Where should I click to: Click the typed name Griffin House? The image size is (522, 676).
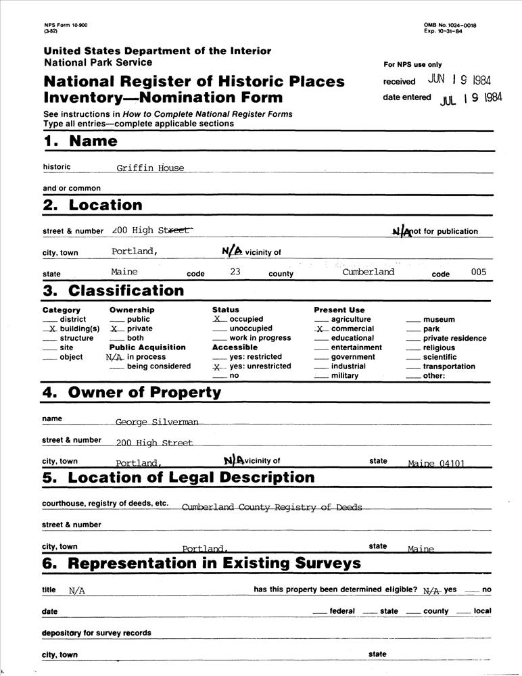149,168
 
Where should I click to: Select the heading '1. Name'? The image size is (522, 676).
80,141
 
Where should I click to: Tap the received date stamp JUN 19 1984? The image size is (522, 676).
462,79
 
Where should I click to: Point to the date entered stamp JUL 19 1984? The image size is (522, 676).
471,99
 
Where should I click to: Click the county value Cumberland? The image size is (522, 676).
368,272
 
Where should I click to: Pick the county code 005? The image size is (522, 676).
478,272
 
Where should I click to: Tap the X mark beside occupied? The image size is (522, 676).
218,319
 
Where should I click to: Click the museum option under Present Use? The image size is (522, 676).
439,319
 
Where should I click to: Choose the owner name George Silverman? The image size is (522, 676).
157,422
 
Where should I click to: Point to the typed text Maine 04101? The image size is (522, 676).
439,464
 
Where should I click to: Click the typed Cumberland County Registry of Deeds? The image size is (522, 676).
272,507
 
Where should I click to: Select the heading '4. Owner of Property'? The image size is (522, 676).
132,392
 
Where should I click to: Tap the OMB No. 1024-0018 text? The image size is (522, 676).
450,25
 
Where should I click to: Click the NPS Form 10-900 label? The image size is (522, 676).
66,25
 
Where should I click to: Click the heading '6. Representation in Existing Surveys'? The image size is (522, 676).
201,563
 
